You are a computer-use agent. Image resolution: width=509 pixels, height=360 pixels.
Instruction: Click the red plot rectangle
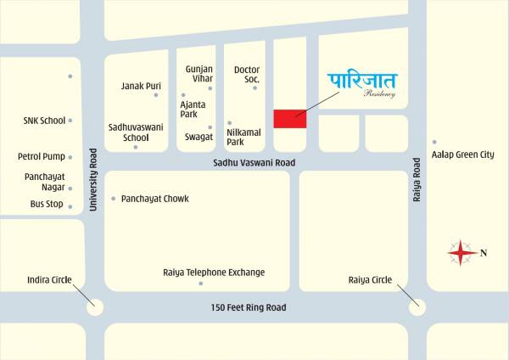pyautogui.click(x=289, y=118)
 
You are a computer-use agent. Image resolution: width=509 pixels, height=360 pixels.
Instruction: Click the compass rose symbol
pyautogui.click(x=461, y=253)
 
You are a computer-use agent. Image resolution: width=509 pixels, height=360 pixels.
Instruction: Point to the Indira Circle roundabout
pyautogui.click(x=94, y=307)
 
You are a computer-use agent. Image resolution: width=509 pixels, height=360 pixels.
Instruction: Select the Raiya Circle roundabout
pyautogui.click(x=417, y=307)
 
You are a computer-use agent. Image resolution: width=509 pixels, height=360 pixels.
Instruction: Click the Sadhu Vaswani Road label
pyautogui.click(x=254, y=162)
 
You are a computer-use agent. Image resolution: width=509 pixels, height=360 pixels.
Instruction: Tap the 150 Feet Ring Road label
pyautogui.click(x=249, y=307)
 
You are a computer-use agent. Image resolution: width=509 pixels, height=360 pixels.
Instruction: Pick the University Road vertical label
pyautogui.click(x=94, y=180)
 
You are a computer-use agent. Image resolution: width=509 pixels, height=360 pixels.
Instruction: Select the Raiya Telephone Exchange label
pyautogui.click(x=214, y=273)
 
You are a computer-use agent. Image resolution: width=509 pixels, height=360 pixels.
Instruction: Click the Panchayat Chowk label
pyautogui.click(x=154, y=199)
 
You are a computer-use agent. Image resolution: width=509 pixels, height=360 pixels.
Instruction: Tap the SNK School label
pyautogui.click(x=44, y=121)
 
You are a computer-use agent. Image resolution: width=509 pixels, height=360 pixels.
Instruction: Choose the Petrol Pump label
pyautogui.click(x=42, y=156)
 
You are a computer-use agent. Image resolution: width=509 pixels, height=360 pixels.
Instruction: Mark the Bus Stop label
pyautogui.click(x=48, y=204)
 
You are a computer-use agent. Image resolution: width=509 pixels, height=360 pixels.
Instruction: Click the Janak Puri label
pyautogui.click(x=141, y=86)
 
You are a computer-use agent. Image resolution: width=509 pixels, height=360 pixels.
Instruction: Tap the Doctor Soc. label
pyautogui.click(x=247, y=74)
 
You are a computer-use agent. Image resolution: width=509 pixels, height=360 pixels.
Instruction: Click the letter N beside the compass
pyautogui.click(x=484, y=252)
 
